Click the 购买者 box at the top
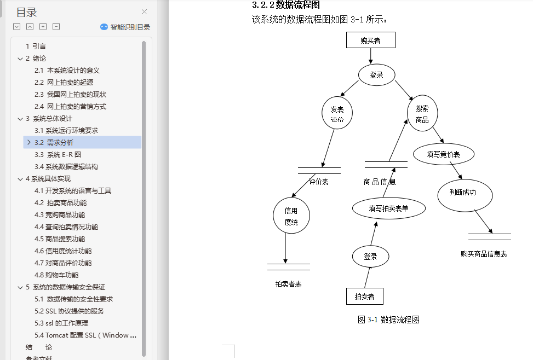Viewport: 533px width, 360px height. coord(370,40)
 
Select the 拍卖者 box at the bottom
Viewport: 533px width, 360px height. coord(364,296)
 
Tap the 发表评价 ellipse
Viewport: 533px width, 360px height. coord(337,114)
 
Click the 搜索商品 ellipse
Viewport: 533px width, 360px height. coord(422,114)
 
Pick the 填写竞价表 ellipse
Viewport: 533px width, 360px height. coord(443,154)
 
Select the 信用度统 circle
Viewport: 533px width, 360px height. coord(291,216)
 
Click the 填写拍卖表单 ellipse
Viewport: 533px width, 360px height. coord(388,208)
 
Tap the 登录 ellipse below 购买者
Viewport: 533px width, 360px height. coord(376,76)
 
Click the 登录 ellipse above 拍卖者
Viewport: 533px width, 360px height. coord(370,256)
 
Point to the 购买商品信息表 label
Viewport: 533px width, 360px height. coord(484,254)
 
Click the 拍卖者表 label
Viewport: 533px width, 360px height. coord(288,284)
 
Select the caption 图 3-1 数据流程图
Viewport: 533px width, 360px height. coord(388,320)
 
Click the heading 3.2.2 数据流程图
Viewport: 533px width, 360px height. coord(285,5)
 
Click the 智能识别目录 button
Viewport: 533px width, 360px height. coord(125,27)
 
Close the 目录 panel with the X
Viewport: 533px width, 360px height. coord(144,11)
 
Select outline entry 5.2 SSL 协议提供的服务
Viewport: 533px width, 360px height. coord(69,311)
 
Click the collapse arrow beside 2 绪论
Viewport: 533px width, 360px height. coord(20,58)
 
